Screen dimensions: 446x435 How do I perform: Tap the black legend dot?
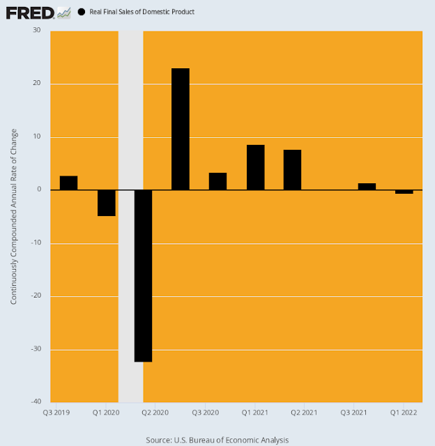(x=82, y=12)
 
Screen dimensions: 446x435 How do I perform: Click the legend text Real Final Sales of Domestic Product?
(x=142, y=12)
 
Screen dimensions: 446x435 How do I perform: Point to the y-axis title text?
(x=14, y=216)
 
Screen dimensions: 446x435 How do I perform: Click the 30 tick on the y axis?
(x=36, y=31)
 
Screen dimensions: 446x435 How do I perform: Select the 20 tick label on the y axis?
(x=36, y=84)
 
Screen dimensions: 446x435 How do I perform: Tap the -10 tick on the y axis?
(x=35, y=243)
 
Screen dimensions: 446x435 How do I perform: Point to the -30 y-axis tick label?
(x=35, y=349)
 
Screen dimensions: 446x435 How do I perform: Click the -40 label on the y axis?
(x=35, y=402)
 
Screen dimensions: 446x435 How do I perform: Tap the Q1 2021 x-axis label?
(x=255, y=413)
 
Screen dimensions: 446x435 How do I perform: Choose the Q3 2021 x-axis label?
(x=353, y=413)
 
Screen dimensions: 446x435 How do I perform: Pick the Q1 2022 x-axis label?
(x=404, y=413)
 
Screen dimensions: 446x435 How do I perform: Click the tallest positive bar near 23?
(x=181, y=129)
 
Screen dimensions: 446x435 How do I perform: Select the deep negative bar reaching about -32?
(x=143, y=276)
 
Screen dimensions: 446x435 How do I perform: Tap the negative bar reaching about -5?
(x=106, y=203)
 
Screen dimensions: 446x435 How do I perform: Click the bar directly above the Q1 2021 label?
(x=255, y=167)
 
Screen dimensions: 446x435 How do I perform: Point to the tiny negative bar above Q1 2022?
(x=404, y=192)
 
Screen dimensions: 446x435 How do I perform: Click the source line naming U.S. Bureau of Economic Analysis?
(x=217, y=440)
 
